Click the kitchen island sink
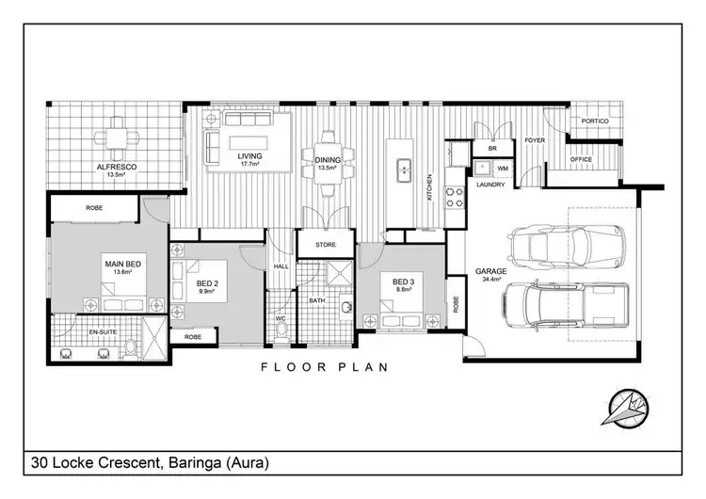click(x=402, y=169)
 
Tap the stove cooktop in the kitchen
click(x=456, y=198)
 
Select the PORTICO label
click(x=594, y=122)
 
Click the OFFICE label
click(x=582, y=160)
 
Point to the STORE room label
click(x=325, y=245)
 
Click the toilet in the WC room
click(x=281, y=331)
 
